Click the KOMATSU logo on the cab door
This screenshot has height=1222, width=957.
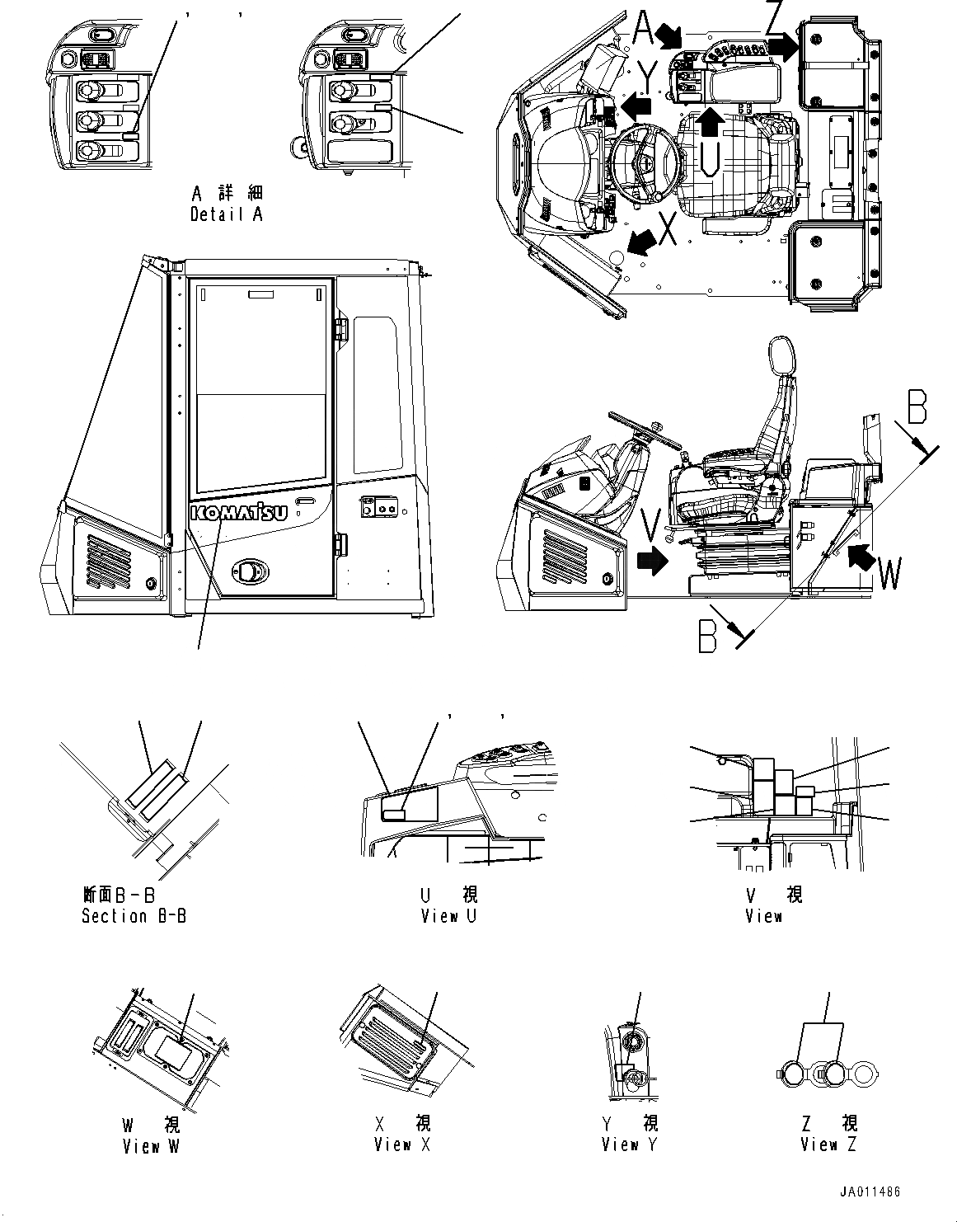point(238,512)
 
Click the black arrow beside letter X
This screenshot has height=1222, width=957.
point(643,241)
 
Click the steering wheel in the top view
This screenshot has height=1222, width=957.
point(647,162)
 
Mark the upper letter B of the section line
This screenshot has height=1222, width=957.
point(917,407)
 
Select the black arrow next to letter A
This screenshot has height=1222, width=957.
point(669,35)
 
